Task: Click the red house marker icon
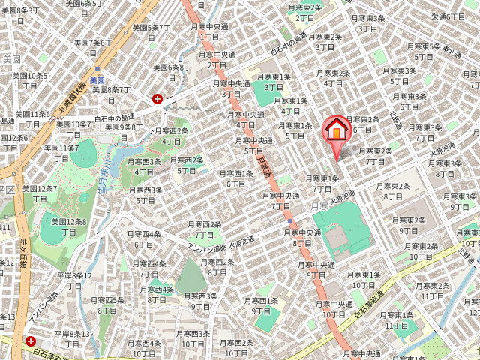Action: [337, 130]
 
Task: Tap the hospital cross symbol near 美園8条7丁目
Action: [157, 98]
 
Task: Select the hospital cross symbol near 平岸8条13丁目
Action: [31, 341]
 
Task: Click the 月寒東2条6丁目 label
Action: [363, 124]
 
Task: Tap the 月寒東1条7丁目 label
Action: [322, 184]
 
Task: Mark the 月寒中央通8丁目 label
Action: [302, 238]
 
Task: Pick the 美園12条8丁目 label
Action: [68, 226]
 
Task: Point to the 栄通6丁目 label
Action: [448, 16]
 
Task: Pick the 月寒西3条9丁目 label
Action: [199, 301]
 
